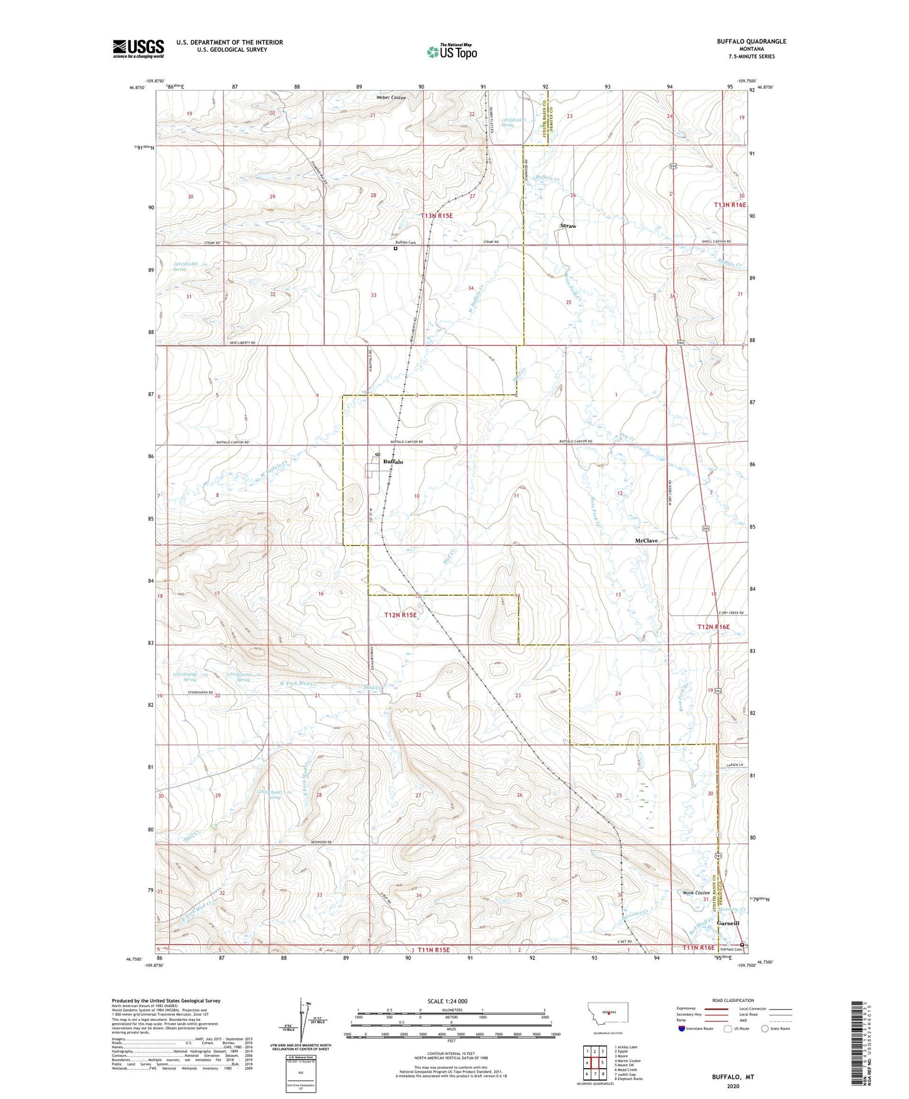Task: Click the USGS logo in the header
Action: (138, 48)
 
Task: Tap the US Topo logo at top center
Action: (452, 52)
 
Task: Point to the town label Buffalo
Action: (393, 462)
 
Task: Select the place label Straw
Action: (568, 226)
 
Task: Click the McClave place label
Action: (646, 541)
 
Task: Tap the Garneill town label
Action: (727, 923)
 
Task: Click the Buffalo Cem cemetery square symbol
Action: (396, 249)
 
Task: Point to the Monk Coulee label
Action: (696, 893)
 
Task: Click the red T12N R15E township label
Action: (401, 615)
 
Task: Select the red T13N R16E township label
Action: (730, 205)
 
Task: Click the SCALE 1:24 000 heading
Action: (447, 1001)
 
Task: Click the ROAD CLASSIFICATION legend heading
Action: (733, 1000)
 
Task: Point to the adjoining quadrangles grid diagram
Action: (594, 1063)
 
